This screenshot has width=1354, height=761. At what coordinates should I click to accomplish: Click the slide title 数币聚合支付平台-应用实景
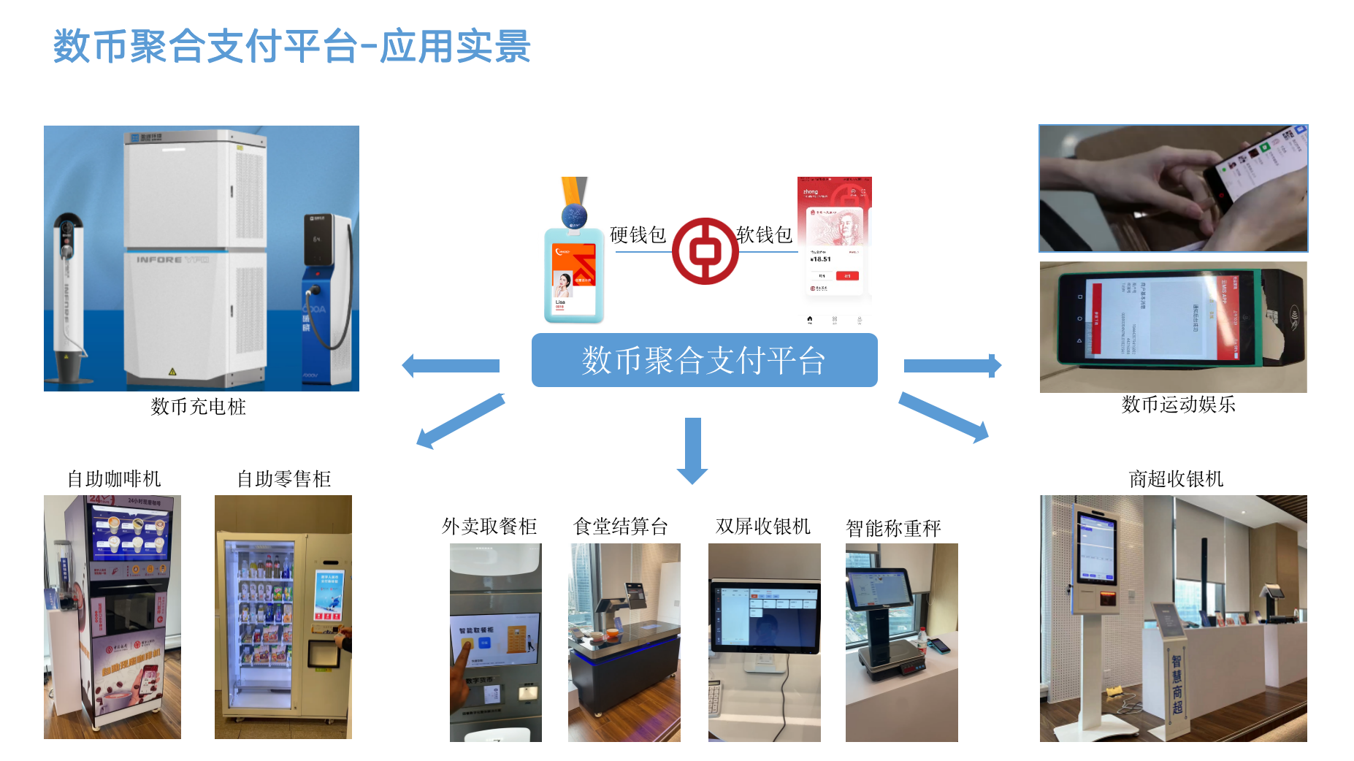point(291,47)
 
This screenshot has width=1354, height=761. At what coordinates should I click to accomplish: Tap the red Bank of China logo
point(705,251)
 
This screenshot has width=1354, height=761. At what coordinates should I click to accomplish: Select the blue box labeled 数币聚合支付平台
point(704,360)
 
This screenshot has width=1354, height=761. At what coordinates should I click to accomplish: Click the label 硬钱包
point(638,235)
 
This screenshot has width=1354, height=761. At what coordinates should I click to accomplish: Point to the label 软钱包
point(764,235)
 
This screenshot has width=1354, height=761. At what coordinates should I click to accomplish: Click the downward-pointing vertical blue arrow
point(692,450)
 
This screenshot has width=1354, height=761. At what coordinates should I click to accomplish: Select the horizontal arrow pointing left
point(451,365)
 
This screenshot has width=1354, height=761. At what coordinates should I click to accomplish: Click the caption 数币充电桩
point(198,407)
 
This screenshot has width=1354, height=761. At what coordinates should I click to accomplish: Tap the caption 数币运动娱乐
point(1178,405)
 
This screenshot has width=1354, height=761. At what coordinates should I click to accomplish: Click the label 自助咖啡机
point(114,479)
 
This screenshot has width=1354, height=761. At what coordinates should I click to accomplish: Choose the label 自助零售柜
point(283,479)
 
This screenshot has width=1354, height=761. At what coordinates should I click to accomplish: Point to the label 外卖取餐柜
point(489,527)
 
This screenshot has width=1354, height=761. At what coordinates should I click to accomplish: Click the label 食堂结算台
point(621,527)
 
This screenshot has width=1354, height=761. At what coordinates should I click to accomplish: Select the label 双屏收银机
point(763,527)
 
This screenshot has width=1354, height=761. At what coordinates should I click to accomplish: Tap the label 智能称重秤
point(893,528)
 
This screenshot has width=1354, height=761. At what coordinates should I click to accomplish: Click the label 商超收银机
point(1176,479)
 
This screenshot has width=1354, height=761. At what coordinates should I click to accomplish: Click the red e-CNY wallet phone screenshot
point(834,241)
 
